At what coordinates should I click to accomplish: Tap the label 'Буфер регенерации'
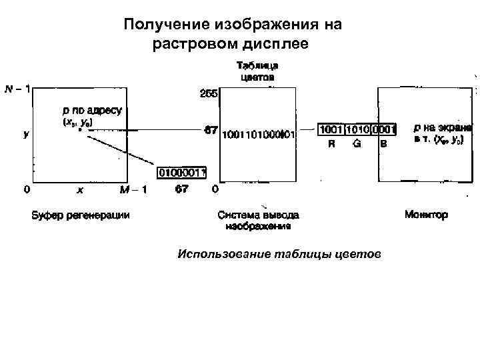click(x=80, y=215)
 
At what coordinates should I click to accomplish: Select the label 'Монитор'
click(x=427, y=215)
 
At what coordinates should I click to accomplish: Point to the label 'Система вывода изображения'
click(x=258, y=220)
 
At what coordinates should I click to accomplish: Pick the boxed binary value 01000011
click(x=182, y=173)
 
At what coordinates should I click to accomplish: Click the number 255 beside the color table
click(x=209, y=94)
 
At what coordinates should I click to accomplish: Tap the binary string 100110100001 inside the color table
click(x=258, y=133)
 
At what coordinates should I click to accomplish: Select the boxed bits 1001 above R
click(x=332, y=129)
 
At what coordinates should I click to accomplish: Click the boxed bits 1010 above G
click(x=358, y=129)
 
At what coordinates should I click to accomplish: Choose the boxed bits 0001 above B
click(x=384, y=129)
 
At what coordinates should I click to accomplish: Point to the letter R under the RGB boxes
click(x=331, y=144)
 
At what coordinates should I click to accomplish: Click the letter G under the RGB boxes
click(x=357, y=144)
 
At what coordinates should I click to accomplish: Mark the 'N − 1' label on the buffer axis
click(x=17, y=89)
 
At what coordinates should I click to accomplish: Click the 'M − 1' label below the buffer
click(x=133, y=190)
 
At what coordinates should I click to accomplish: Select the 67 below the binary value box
click(x=181, y=189)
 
